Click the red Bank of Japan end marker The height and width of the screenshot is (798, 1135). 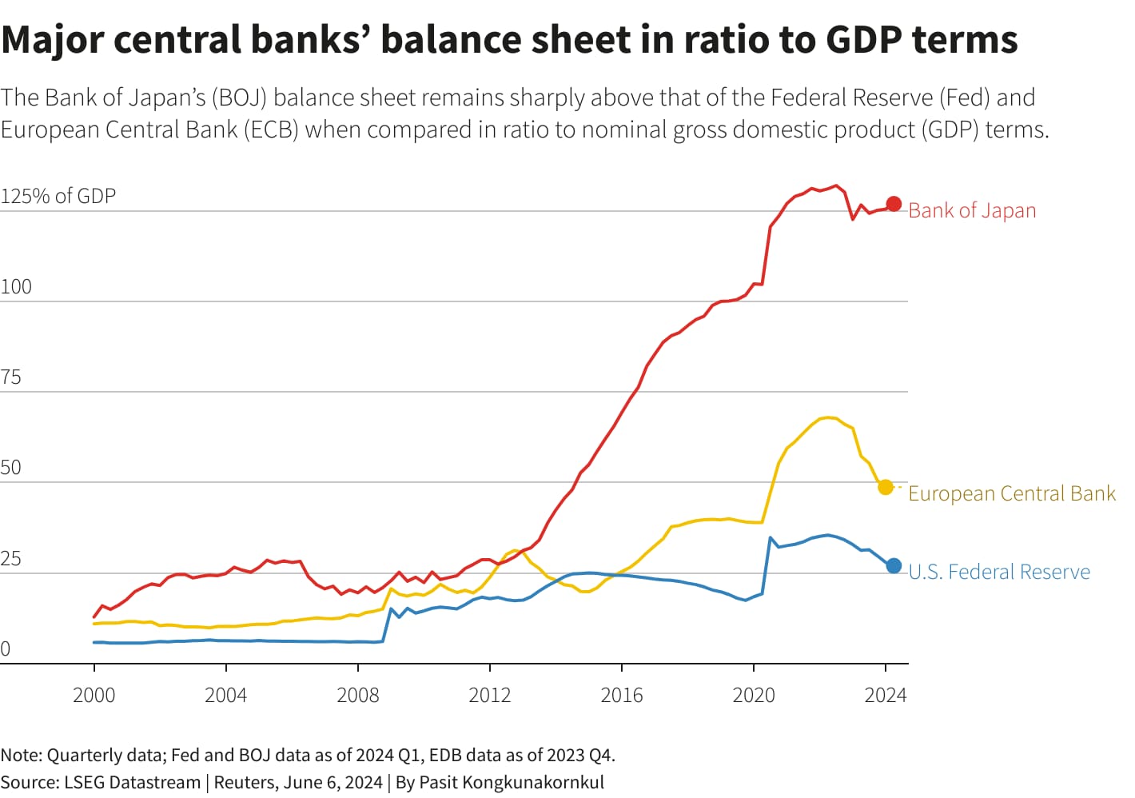(894, 205)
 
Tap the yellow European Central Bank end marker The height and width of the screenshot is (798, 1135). (885, 487)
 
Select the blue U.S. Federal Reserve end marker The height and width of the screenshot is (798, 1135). (894, 566)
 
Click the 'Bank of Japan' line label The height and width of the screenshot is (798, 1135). (972, 210)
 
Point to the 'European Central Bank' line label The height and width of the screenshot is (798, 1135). (1011, 493)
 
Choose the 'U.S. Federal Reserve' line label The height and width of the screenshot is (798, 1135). (999, 572)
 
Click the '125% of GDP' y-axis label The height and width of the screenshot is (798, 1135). (58, 196)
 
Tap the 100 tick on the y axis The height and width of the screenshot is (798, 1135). (16, 287)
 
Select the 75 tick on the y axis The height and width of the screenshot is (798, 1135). (11, 377)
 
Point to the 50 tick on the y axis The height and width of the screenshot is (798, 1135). (11, 468)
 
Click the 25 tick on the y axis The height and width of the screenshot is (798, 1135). (11, 559)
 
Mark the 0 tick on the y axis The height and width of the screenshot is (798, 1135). (6, 649)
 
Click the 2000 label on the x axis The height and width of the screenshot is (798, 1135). (94, 695)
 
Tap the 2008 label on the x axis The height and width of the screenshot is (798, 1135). (358, 695)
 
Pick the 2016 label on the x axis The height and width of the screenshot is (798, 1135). (622, 695)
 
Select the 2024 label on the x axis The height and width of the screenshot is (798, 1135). (886, 695)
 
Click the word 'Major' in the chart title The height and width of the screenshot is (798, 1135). (52, 40)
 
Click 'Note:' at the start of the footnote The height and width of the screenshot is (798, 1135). (22, 755)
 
